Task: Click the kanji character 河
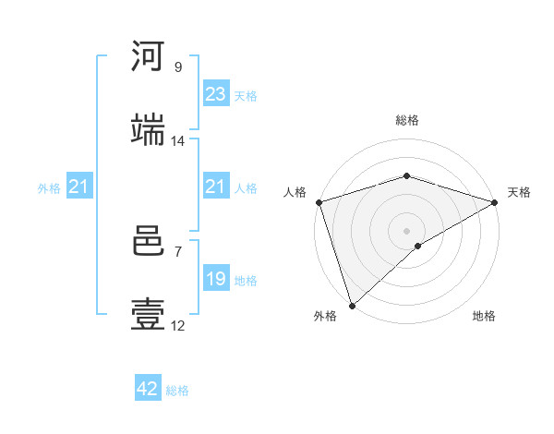coord(148,57)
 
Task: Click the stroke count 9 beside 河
coord(178,67)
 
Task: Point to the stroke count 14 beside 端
coord(178,141)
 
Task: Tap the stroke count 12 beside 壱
coord(178,326)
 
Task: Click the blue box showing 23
coord(216,94)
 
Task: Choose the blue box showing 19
coord(216,279)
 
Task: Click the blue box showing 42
coord(148,390)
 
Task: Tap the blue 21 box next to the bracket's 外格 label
coord(78,187)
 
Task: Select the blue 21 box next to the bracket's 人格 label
coord(216,187)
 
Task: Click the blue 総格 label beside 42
coord(177,391)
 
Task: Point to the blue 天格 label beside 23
coord(246,95)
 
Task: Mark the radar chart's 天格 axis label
coord(519,192)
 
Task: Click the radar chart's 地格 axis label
coord(484,317)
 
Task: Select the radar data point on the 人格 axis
coord(319,202)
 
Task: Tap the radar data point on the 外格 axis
coord(352,305)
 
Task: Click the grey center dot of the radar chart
coord(406,230)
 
